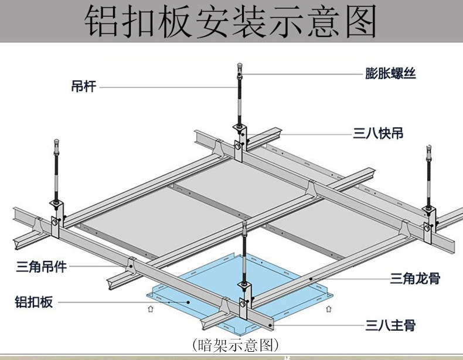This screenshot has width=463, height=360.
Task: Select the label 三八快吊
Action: tap(378, 134)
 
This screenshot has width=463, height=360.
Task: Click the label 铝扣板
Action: tap(33, 302)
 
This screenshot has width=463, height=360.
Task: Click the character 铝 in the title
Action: tap(104, 22)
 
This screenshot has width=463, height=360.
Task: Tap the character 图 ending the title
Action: tap(358, 22)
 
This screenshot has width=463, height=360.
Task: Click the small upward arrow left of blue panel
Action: tap(151, 307)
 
